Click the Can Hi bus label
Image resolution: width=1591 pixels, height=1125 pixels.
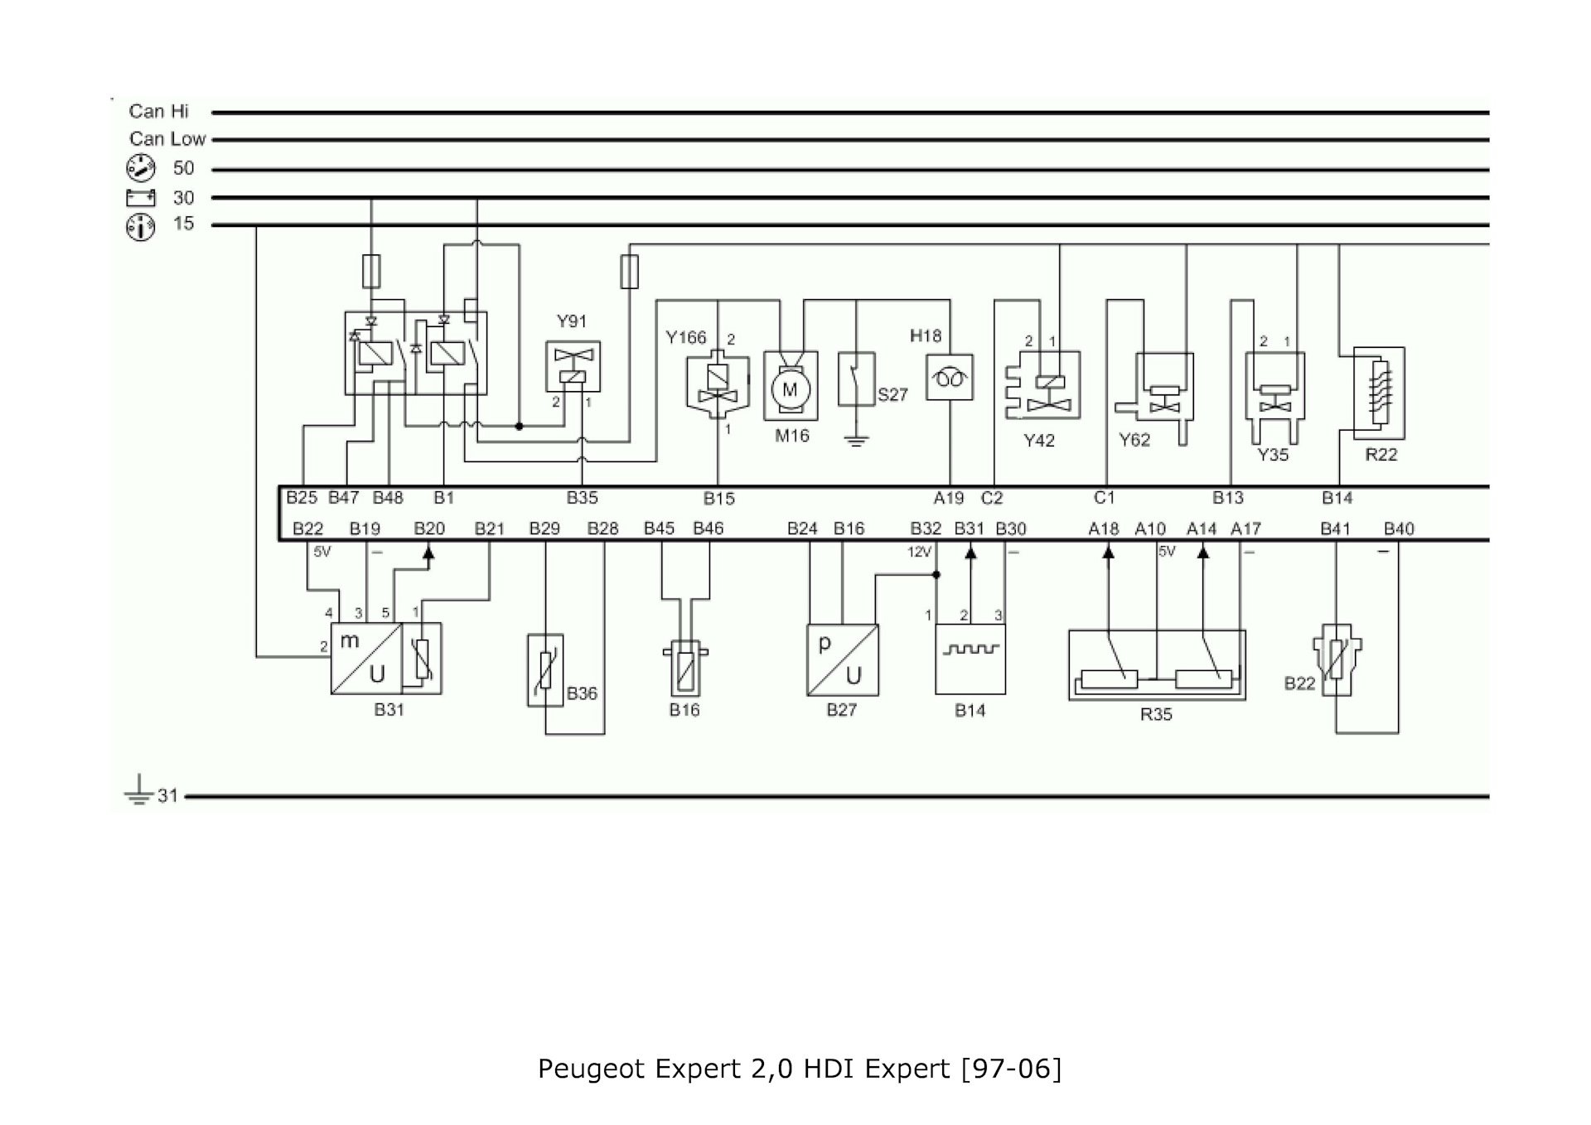pos(158,111)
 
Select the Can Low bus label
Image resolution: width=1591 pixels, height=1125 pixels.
pos(167,139)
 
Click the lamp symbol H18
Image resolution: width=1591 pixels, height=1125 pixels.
pos(950,378)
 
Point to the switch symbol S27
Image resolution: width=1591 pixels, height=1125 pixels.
pos(857,379)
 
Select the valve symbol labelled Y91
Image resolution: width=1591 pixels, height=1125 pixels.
pos(573,366)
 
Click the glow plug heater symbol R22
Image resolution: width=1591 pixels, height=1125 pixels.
pos(1378,393)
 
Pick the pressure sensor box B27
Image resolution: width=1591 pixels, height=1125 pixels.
pos(842,659)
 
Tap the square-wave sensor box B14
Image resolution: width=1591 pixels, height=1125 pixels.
pos(970,659)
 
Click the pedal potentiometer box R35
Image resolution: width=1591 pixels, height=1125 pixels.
pos(1157,665)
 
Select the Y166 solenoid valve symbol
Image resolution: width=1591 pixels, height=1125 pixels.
pos(717,385)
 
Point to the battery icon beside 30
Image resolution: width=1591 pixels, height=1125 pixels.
pos(141,197)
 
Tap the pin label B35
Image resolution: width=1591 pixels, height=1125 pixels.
pos(582,498)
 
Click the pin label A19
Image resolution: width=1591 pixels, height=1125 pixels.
pos(949,498)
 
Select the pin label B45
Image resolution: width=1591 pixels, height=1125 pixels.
pos(659,529)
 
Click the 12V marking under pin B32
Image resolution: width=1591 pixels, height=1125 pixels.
pos(920,552)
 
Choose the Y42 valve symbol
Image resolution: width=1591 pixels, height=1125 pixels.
pos(1042,384)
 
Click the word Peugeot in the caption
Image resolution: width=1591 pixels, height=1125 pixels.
pos(592,1069)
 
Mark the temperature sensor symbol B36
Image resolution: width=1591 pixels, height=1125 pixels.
pos(545,670)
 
